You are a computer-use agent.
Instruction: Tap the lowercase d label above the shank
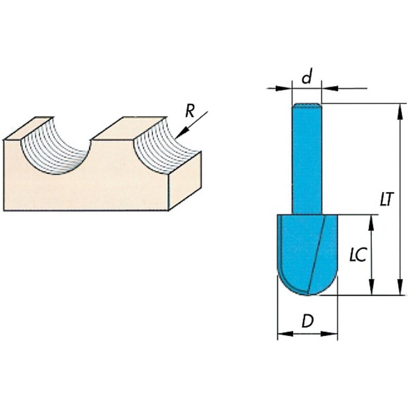pos(307,78)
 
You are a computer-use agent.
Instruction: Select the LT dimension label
pos(387,199)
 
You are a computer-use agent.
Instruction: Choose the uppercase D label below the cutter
pos(307,322)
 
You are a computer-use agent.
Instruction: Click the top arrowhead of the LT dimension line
pos(400,108)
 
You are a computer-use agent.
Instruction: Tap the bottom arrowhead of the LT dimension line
pos(400,291)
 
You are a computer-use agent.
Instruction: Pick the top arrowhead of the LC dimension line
pos(371,219)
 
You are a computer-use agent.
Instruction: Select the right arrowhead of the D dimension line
pos(333,334)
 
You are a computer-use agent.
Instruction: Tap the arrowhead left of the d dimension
pos(286,88)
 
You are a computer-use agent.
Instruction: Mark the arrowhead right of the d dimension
pos(327,88)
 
